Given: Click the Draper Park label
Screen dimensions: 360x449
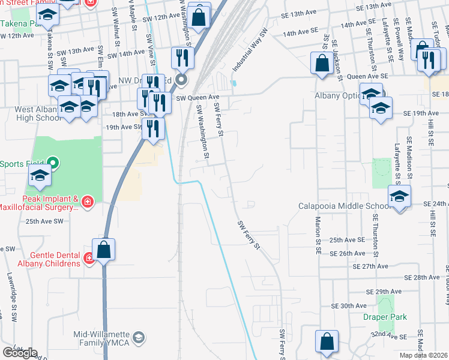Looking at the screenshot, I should tap(385, 317).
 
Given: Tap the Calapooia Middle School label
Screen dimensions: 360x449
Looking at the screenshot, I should tap(339, 206).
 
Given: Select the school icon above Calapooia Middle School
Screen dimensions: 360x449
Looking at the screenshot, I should tap(400, 195).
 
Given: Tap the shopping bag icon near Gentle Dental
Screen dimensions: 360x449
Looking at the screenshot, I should tap(104, 249).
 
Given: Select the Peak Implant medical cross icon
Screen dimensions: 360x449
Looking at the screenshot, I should tap(88, 202).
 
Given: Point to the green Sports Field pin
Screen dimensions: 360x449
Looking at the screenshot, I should tap(53, 163).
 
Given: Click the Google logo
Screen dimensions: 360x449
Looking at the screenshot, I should tap(20, 352).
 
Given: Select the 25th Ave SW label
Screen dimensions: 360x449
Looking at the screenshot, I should tap(44, 221).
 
